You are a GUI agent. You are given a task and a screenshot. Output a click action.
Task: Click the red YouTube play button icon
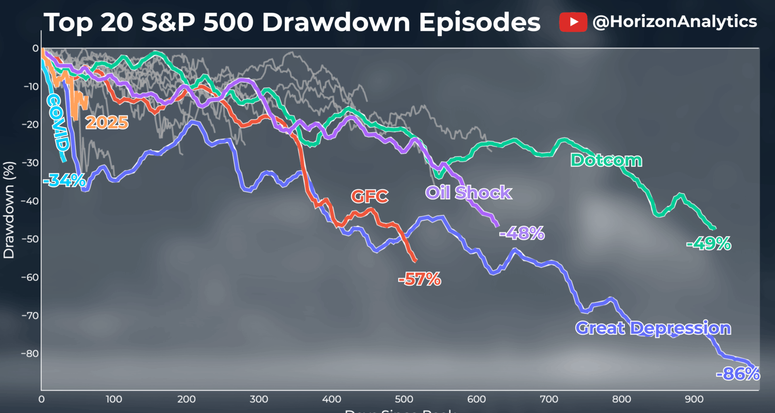coord(573,22)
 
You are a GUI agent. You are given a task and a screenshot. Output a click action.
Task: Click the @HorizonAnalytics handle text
coord(674,21)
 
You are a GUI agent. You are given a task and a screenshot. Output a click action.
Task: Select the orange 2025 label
coord(107,123)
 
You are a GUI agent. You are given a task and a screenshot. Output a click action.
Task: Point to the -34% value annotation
coord(65,180)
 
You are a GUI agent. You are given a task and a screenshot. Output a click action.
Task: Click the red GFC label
coord(369,196)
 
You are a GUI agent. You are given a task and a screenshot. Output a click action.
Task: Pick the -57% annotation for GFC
coord(420,279)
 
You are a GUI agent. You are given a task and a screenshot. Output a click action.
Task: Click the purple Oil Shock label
coord(469,193)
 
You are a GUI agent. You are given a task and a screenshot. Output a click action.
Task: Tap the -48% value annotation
coord(522,233)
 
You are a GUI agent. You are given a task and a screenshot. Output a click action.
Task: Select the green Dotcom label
coord(606,161)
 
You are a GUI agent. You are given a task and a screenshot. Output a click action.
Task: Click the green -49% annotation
coord(709,244)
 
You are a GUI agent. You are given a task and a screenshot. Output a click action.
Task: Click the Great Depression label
coord(653,328)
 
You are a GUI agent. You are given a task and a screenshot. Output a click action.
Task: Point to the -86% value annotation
coord(738,374)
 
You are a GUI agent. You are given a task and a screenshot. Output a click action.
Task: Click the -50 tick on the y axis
coord(30,239)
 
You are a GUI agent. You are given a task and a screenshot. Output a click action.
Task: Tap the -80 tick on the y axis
coord(30,354)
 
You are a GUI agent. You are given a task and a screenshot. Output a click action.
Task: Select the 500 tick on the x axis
coord(404,399)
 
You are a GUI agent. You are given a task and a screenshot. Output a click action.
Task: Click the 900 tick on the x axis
coord(694,399)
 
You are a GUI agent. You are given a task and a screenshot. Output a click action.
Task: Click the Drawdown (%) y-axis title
coord(9,210)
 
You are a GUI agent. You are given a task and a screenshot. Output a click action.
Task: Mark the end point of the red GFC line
coord(416,261)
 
